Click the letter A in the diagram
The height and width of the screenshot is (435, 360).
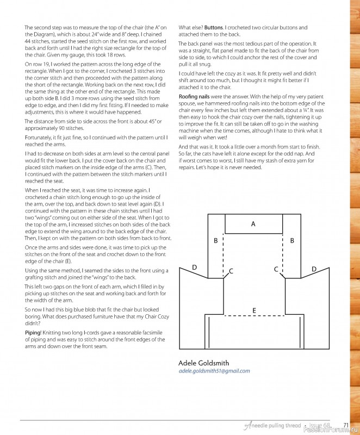click(253, 223)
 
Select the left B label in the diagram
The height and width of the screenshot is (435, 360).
click(216, 240)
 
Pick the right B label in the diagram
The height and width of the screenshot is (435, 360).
click(292, 240)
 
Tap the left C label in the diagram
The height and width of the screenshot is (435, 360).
click(231, 270)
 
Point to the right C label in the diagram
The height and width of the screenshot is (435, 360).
click(276, 269)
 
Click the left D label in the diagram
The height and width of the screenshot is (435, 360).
click(195, 268)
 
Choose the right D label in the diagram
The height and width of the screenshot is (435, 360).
click(313, 269)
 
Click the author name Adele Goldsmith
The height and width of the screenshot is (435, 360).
click(204, 363)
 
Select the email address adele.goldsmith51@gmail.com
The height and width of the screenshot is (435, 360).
click(214, 371)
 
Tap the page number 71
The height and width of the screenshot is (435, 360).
click(346, 425)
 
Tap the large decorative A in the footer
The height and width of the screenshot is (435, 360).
click(247, 425)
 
